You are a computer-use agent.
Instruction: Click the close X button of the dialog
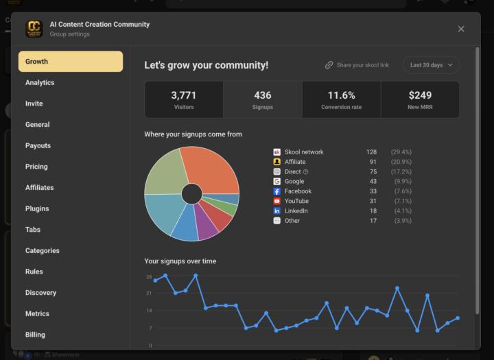point(461,29)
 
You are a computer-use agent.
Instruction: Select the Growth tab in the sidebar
point(71,62)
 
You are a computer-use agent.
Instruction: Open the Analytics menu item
point(40,83)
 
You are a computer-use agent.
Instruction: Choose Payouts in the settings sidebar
point(38,146)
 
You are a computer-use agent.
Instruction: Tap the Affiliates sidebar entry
point(39,188)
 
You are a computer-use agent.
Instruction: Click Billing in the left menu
point(35,335)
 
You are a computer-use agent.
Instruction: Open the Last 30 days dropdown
point(431,65)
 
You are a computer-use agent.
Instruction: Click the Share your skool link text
point(362,65)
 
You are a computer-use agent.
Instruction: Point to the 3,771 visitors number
point(183,95)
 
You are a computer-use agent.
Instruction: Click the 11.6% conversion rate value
point(341,95)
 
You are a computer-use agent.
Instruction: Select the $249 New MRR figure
point(420,95)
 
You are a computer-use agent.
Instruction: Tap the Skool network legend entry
point(303,152)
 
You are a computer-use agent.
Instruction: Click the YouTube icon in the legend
point(277,202)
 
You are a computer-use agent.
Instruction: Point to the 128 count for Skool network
point(371,152)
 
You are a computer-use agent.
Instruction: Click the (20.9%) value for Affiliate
point(401,162)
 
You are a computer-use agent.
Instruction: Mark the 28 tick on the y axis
point(149,277)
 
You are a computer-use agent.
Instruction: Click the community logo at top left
point(34,29)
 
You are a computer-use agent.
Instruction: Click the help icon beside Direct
point(306,171)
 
